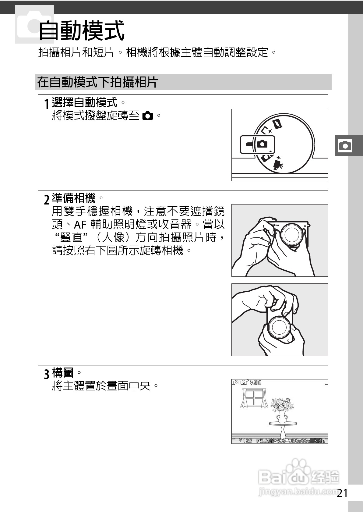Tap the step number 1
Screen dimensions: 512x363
(47, 104)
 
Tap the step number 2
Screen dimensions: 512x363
(47, 200)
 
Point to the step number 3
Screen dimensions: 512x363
(47, 374)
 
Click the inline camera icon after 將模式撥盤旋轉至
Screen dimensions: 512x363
(148, 116)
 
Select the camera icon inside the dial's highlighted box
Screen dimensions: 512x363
(262, 144)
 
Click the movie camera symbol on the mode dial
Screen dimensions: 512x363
(278, 164)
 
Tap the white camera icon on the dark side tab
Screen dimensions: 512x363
(345, 146)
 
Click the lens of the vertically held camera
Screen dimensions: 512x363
(279, 327)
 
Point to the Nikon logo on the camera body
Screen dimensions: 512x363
(274, 225)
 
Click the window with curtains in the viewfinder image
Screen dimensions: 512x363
(254, 398)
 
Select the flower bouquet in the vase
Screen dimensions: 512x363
(282, 405)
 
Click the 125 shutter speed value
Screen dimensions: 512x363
(247, 441)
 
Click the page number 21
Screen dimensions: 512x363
(342, 493)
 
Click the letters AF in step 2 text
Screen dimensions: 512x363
(80, 225)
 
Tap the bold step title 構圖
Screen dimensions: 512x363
(63, 372)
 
